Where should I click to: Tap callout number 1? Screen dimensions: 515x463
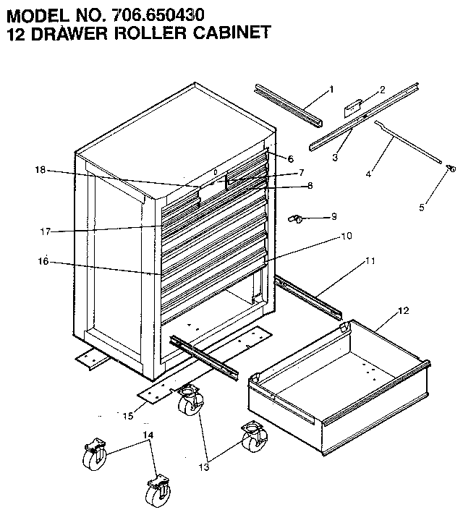(x=331, y=89)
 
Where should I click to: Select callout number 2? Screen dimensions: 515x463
(x=382, y=90)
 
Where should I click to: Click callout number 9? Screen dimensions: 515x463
(x=334, y=216)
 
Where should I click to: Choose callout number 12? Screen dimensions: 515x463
(x=403, y=311)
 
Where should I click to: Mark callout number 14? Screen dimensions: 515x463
(x=149, y=435)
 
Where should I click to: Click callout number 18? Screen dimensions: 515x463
(x=40, y=170)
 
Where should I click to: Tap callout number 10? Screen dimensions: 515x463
(x=347, y=235)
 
